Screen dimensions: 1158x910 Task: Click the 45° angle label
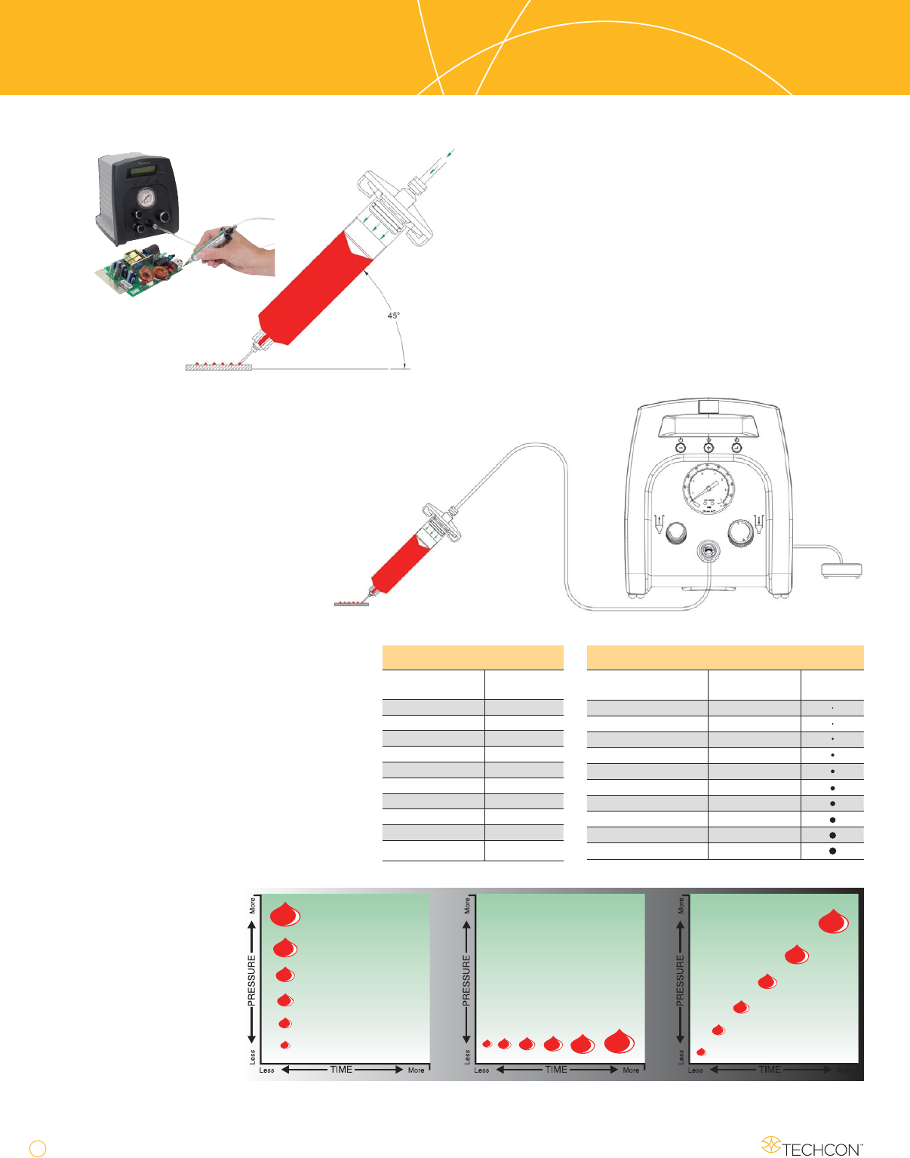(393, 315)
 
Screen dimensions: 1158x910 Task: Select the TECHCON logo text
(821, 1149)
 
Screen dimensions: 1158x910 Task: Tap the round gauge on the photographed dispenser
(146, 197)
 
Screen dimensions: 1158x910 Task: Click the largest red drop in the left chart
(285, 914)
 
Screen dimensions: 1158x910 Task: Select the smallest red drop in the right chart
(701, 1052)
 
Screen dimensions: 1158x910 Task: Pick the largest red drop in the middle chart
(619, 1042)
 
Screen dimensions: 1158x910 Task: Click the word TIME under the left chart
(341, 1070)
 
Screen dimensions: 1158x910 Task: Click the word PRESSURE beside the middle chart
(466, 981)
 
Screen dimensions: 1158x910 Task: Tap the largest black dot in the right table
(832, 851)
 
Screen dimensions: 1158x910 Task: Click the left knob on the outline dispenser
(675, 532)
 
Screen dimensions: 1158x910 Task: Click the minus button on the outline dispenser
(680, 448)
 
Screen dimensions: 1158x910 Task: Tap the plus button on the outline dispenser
(709, 448)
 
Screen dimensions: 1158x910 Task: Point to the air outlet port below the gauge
(708, 552)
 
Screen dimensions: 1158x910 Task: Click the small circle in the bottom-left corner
(38, 1148)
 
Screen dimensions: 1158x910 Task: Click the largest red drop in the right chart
(834, 922)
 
